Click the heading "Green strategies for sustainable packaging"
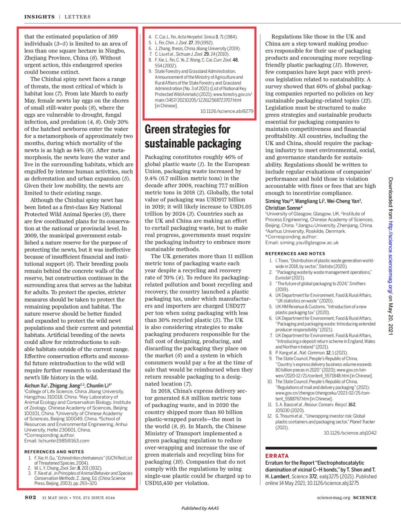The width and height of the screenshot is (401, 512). [x=193, y=136]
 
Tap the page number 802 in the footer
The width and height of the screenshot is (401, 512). [x=30, y=498]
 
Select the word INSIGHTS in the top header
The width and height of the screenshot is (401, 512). [x=40, y=17]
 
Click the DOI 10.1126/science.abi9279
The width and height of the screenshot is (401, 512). [x=227, y=111]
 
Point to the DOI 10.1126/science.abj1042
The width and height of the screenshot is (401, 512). [x=350, y=433]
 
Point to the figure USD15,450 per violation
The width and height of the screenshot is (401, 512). [x=177, y=483]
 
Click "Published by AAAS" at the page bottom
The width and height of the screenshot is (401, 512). [x=200, y=508]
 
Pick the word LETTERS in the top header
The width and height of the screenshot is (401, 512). [x=77, y=17]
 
